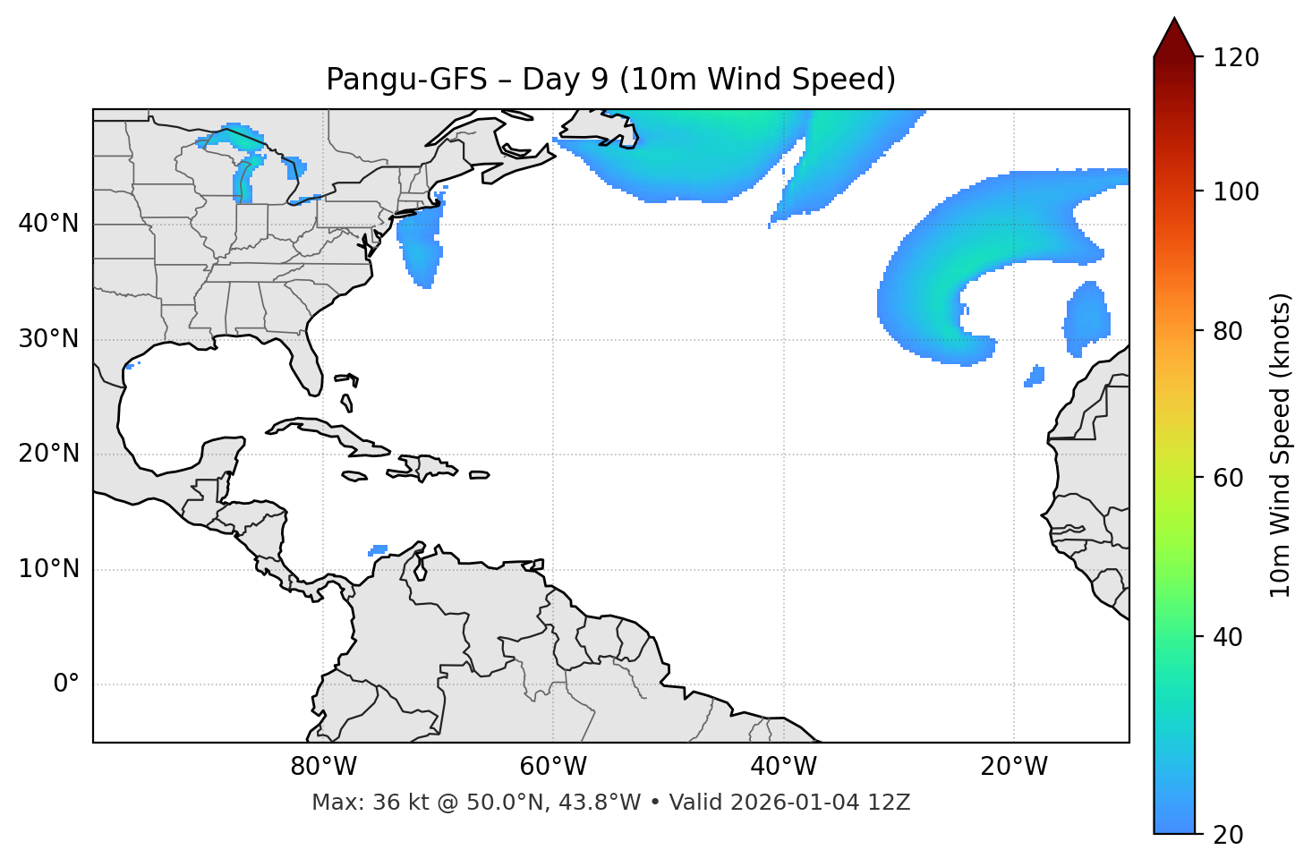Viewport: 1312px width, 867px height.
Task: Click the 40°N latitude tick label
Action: (x=48, y=224)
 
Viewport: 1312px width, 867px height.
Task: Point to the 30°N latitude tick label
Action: (x=48, y=339)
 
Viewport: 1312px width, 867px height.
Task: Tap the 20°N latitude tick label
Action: (x=48, y=454)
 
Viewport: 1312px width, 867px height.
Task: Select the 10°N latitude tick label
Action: (x=48, y=569)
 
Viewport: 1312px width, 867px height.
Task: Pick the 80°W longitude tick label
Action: (x=323, y=767)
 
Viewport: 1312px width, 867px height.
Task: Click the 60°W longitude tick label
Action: (x=553, y=767)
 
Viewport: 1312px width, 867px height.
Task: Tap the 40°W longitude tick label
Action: (x=783, y=767)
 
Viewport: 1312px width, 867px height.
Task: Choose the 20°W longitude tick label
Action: (x=1014, y=767)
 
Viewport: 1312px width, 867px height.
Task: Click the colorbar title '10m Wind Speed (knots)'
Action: (x=1281, y=446)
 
